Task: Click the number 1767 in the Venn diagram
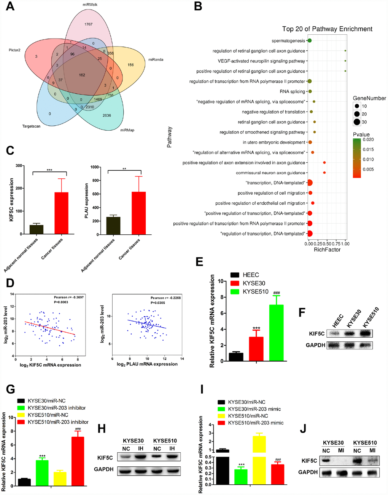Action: click(88, 24)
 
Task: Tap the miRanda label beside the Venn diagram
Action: click(156, 59)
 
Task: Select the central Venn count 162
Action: click(82, 75)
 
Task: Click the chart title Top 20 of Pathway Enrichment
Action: click(327, 29)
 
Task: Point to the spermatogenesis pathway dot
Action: click(309, 41)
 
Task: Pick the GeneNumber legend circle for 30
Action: click(357, 122)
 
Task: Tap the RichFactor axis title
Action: click(327, 250)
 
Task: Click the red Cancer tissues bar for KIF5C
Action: click(61, 213)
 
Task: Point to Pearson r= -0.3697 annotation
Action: click(69, 297)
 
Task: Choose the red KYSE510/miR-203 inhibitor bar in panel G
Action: click(78, 461)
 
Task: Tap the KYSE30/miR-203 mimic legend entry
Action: click(254, 409)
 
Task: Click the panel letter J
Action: click(303, 429)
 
